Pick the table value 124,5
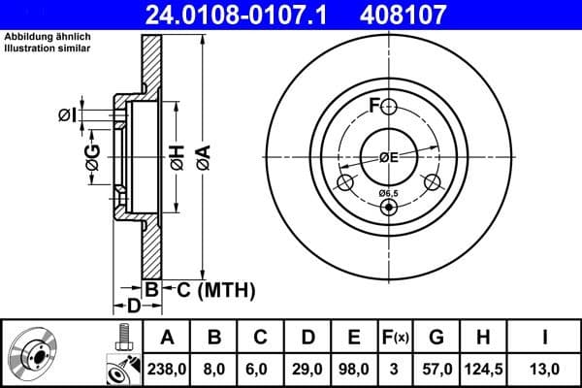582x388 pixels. pos(481,368)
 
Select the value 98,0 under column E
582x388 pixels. pos(353,368)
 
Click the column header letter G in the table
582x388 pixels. pos(436,338)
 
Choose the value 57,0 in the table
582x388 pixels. pos(436,368)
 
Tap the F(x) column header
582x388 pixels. pos(395,338)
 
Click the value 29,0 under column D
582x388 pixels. pos(307,368)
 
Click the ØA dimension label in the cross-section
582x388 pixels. pos(203,154)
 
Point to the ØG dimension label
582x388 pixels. pos(93,160)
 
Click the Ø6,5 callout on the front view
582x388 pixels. pos(388,193)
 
